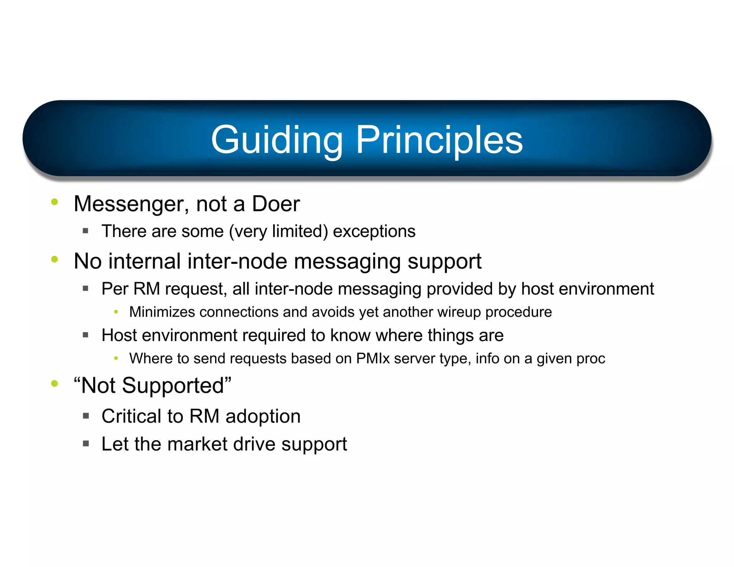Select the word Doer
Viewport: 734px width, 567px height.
(276, 204)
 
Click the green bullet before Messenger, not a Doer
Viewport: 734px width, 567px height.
(54, 202)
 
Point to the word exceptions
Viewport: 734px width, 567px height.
(374, 231)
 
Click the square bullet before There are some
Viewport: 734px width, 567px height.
(85, 231)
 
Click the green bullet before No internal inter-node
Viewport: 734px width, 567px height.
(54, 259)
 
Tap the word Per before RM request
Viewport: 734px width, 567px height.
(115, 289)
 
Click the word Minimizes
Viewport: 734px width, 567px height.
(162, 312)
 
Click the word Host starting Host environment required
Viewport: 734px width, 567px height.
(119, 335)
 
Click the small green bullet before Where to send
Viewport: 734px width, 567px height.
(116, 358)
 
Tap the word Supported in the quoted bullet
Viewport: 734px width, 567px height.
(173, 386)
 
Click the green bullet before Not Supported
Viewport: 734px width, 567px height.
(54, 383)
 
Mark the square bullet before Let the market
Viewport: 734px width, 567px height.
(86, 444)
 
